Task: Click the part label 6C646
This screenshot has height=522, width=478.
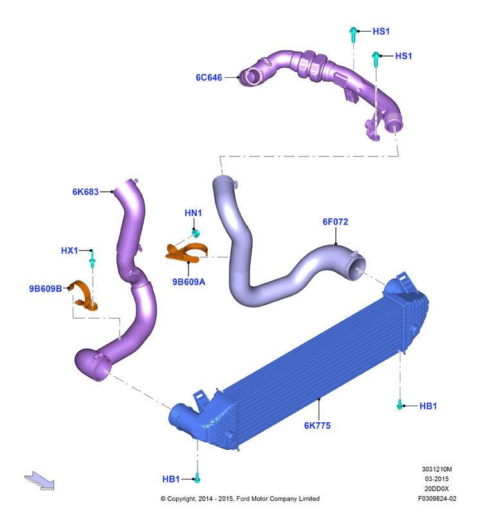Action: [x=208, y=78]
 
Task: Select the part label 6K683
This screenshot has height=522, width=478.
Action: [x=86, y=192]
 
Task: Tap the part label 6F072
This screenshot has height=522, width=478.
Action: [x=335, y=221]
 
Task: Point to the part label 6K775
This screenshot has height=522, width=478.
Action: [x=317, y=425]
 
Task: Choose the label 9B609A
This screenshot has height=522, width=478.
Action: [x=188, y=282]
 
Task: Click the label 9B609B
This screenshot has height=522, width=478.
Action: [x=46, y=288]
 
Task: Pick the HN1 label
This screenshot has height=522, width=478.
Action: [x=193, y=213]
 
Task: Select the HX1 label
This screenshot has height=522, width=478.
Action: [x=69, y=250]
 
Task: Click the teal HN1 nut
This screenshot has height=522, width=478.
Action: [x=196, y=234]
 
